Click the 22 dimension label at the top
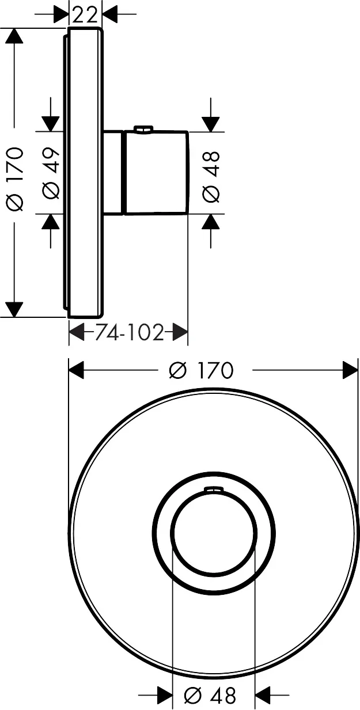pyautogui.click(x=85, y=15)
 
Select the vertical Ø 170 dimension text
pyautogui.click(x=16, y=179)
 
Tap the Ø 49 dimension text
pyautogui.click(x=51, y=173)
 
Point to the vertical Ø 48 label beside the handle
pyautogui.click(x=211, y=177)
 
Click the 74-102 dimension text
pyautogui.click(x=129, y=333)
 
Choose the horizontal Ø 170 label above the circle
pyautogui.click(x=201, y=370)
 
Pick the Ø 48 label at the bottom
pyautogui.click(x=210, y=696)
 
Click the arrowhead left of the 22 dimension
pyautogui.click(x=61, y=14)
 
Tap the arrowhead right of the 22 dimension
pyautogui.click(x=109, y=14)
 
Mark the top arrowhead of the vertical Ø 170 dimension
pyautogui.click(x=14, y=36)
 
